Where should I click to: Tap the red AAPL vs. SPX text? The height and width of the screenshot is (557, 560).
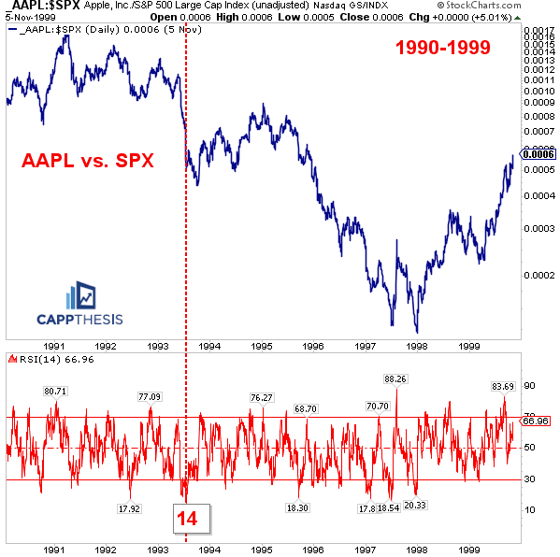click(88, 161)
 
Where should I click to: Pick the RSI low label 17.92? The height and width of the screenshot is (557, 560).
click(130, 508)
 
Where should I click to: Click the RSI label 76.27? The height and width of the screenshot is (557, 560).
click(262, 397)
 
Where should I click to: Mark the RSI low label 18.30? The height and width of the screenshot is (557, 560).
click(298, 507)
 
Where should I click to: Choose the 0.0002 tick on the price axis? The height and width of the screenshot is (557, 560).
click(537, 275)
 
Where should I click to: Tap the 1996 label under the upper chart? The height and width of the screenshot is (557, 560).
click(313, 345)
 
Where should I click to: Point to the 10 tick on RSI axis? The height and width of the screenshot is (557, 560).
click(530, 510)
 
